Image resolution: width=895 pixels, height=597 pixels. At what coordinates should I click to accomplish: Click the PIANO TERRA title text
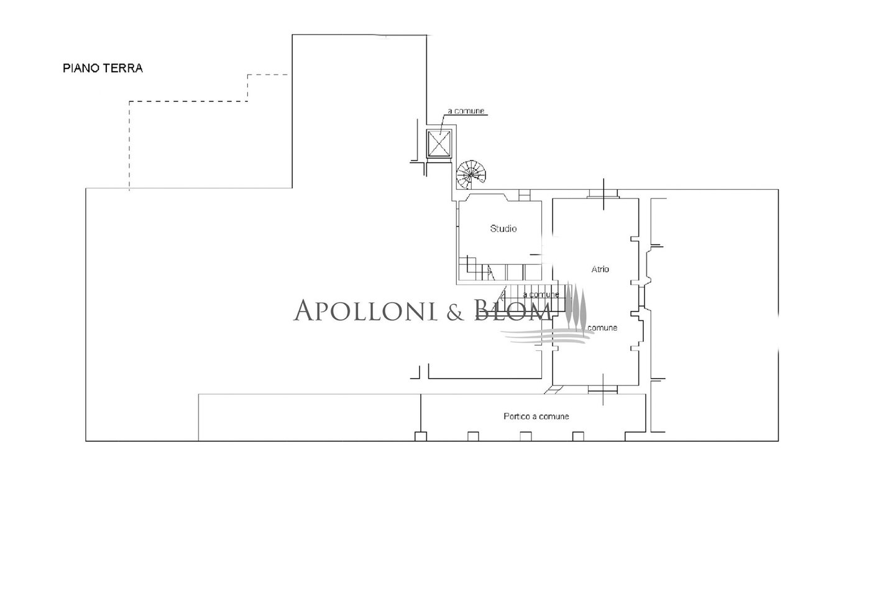coord(103,68)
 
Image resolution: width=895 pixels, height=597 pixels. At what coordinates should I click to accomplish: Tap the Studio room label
coord(503,228)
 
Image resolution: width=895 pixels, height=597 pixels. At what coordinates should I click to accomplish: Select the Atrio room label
coord(600,269)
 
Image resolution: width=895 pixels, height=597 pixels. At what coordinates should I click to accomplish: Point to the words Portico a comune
coord(536,416)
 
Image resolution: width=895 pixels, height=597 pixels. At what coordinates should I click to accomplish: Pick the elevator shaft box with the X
coord(439,143)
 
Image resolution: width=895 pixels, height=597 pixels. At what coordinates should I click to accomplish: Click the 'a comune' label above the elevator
coord(466,111)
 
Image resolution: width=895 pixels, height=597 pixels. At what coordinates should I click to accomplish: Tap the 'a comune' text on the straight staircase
coord(541,295)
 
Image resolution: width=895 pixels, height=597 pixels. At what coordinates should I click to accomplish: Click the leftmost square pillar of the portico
coord(421,437)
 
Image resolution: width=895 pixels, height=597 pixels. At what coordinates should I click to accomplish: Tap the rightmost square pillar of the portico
coord(578,437)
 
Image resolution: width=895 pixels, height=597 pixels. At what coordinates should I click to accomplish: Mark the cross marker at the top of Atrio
coord(604,194)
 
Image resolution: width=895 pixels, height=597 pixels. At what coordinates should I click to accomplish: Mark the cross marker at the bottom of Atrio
coord(603,389)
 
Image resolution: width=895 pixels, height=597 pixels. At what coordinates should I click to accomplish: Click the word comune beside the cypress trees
coord(602,328)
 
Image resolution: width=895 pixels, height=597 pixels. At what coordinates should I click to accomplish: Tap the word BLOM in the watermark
coord(513,310)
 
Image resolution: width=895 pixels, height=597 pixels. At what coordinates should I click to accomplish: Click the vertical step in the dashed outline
coord(248,88)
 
